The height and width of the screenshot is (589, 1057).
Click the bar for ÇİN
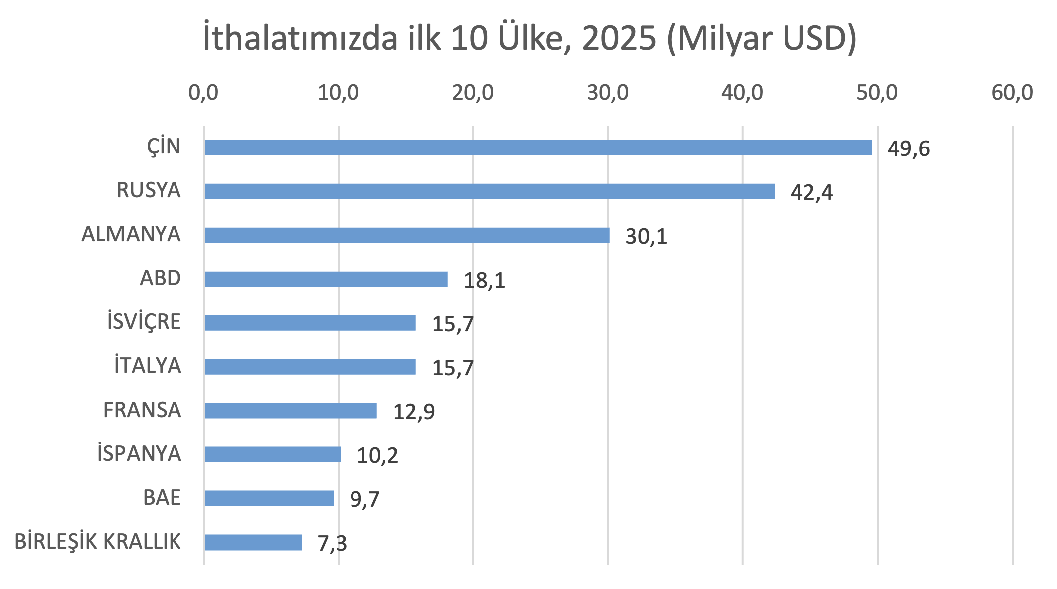coord(537,147)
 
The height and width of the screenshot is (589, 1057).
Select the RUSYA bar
coord(489,191)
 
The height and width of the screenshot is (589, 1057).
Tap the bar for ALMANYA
coord(406,235)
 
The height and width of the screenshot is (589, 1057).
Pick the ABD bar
coord(326,279)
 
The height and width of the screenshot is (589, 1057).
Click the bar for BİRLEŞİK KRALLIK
coord(253,542)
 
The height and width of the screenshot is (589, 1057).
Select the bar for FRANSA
coord(290,411)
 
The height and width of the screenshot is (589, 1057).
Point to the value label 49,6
coord(908,149)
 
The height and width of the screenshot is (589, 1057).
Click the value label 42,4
coord(811,193)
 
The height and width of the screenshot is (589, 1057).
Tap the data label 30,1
coord(646,237)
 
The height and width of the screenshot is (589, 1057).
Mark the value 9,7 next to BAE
coord(364,499)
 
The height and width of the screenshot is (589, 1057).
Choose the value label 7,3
coord(332,543)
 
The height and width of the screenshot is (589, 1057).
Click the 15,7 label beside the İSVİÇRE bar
coord(452,324)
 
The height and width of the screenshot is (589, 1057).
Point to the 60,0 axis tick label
coord(1012,93)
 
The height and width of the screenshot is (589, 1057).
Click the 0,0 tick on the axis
coord(203,93)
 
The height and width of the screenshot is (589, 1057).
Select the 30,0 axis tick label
coord(607,93)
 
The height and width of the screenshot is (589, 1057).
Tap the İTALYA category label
coord(147,365)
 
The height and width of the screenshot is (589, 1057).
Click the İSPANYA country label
coord(139,453)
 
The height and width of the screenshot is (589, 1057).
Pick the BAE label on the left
coord(162,497)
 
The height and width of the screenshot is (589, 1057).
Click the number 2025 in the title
coord(619,38)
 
